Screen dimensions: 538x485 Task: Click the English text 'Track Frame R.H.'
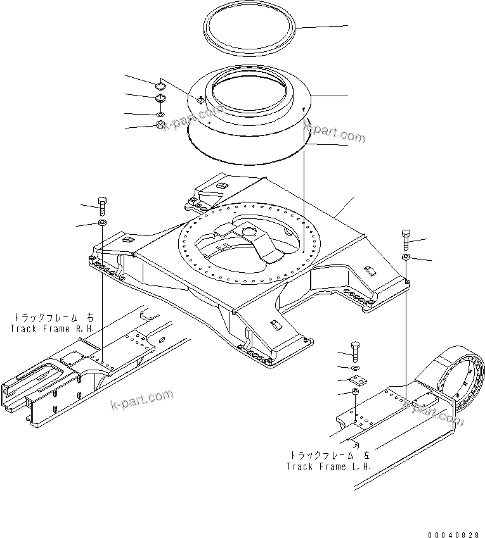pyautogui.click(x=53, y=328)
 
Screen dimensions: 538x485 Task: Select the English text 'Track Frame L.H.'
pyautogui.click(x=328, y=466)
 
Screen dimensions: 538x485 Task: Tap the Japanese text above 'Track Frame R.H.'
pyautogui.click(x=53, y=317)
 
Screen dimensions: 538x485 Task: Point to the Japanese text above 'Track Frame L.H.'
pyautogui.click(x=330, y=455)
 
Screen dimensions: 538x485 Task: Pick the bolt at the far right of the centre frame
pyautogui.click(x=406, y=239)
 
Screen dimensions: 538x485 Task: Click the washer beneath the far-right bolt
pyautogui.click(x=406, y=256)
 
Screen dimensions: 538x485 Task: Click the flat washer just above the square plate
pyautogui.click(x=355, y=368)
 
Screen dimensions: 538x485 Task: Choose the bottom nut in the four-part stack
pyautogui.click(x=160, y=125)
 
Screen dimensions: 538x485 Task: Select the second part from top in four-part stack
pyautogui.click(x=160, y=99)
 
